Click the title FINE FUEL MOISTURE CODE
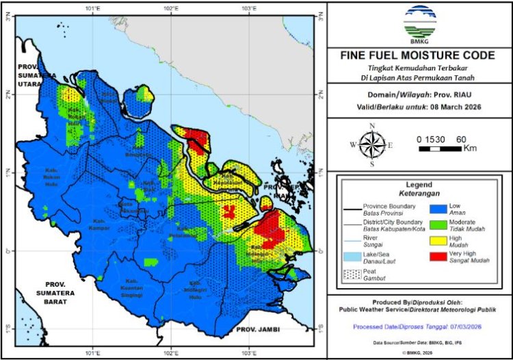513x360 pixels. [x=419, y=55]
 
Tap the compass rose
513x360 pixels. [x=371, y=144]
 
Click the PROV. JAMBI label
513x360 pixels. [x=255, y=330]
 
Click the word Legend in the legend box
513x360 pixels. [x=419, y=184]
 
